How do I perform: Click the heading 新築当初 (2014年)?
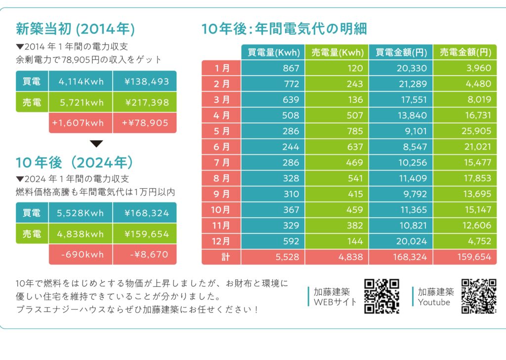click(75, 29)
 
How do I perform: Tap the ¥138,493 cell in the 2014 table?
click(144, 81)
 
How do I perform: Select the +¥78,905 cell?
click(144, 123)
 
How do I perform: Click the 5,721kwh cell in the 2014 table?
click(81, 102)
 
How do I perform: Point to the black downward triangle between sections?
click(96, 144)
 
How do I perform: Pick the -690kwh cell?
click(81, 255)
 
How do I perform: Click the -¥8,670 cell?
click(144, 255)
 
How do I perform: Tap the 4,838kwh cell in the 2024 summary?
click(81, 234)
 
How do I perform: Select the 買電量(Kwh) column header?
click(273, 52)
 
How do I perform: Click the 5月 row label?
click(221, 132)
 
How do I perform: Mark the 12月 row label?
click(221, 241)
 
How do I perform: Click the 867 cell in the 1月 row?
click(273, 68)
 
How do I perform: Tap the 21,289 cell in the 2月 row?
click(401, 84)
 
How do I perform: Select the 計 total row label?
click(221, 257)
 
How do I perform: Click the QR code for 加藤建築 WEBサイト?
click(381, 296)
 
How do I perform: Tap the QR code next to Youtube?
click(478, 296)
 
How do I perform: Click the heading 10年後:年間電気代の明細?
click(284, 29)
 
